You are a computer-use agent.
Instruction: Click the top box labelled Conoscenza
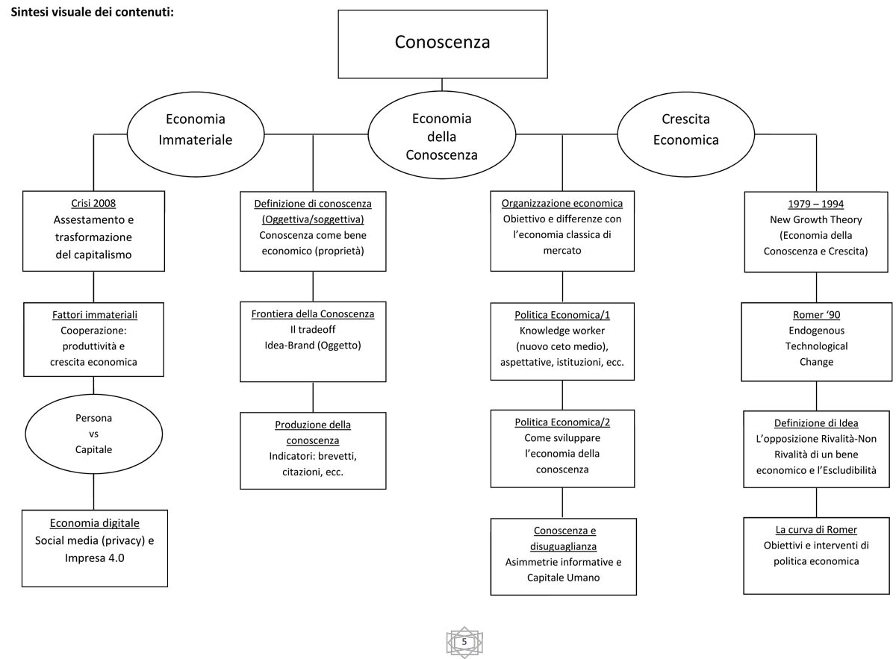(442, 44)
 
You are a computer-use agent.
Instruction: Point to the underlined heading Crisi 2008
(93, 203)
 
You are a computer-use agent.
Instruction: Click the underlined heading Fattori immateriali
(94, 315)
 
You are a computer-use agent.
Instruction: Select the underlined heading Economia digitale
(94, 523)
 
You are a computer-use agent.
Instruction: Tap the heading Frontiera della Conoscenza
(313, 314)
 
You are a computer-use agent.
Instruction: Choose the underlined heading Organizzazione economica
(562, 203)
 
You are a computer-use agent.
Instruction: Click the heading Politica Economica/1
(562, 315)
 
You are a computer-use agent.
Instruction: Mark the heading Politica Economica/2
(562, 422)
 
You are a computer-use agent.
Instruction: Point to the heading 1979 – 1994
(816, 204)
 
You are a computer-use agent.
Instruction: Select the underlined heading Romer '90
(816, 315)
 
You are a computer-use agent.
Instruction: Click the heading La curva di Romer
(816, 529)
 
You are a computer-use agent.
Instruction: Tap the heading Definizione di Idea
(816, 423)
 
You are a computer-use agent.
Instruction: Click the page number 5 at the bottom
(464, 642)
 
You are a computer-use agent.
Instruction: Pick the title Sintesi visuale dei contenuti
(93, 12)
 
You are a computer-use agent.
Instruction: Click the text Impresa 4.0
(94, 558)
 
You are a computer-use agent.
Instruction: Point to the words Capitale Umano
(563, 578)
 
